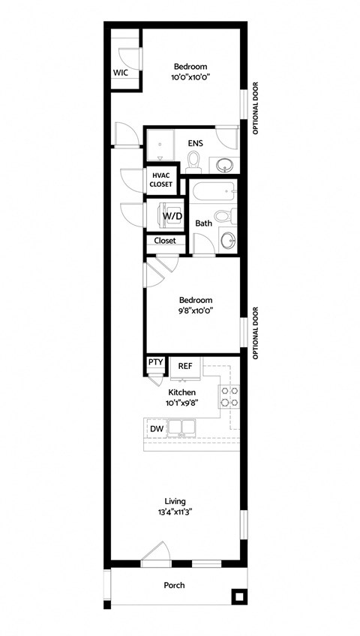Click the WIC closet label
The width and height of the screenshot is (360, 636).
pyautogui.click(x=121, y=73)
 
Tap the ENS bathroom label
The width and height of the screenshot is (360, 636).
pyautogui.click(x=195, y=142)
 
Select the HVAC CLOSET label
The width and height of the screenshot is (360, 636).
pyautogui.click(x=161, y=179)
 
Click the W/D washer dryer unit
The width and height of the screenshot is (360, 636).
pyautogui.click(x=172, y=216)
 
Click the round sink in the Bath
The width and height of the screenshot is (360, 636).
pyautogui.click(x=228, y=240)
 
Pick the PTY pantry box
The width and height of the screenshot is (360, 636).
pyautogui.click(x=155, y=363)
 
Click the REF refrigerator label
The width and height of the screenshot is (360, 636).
pyautogui.click(x=185, y=366)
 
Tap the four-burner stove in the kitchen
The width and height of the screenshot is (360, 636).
pyautogui.click(x=228, y=396)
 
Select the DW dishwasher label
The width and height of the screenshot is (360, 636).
pyautogui.click(x=157, y=428)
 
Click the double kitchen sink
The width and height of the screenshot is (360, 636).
pyautogui.click(x=181, y=427)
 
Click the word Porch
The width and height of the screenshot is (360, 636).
pyautogui.click(x=175, y=585)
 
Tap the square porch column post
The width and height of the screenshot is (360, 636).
pyautogui.click(x=238, y=597)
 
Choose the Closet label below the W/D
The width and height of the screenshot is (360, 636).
pyautogui.click(x=165, y=241)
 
